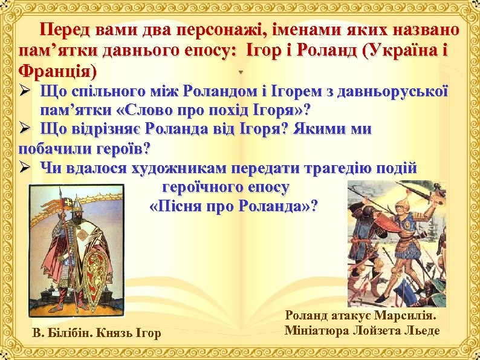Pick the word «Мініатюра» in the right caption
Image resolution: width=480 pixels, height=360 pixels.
click(319, 331)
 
